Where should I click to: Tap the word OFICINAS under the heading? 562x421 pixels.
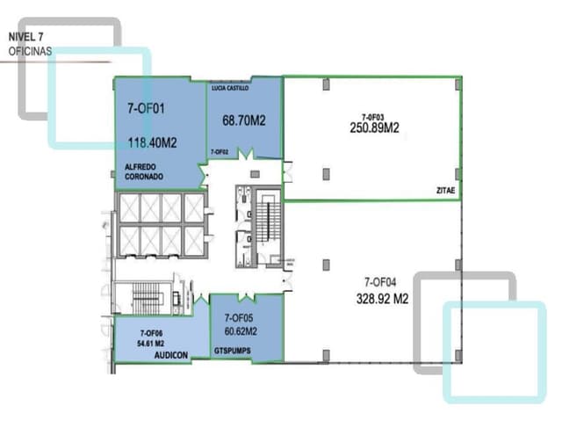point(31,52)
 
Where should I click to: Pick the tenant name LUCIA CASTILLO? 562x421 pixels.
point(230,88)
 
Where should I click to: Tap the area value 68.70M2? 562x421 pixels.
point(244,120)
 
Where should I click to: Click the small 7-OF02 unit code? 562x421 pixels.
point(220,152)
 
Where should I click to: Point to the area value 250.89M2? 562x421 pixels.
point(374,127)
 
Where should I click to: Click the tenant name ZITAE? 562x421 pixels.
point(443,188)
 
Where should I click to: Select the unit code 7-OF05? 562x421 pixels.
point(239,317)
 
